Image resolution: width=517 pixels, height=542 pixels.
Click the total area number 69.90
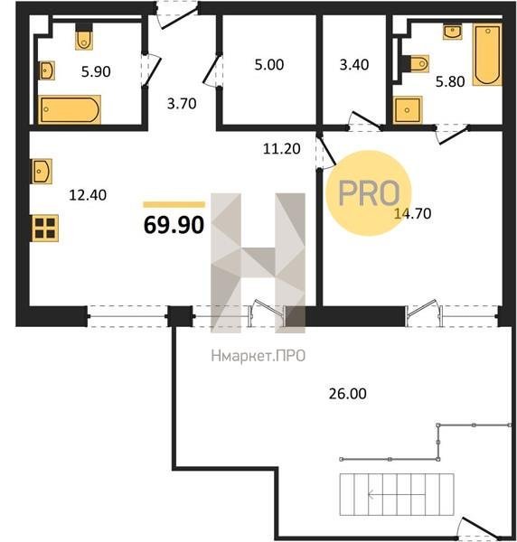pos(174,225)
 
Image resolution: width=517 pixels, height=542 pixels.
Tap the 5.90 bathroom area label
pos(96,71)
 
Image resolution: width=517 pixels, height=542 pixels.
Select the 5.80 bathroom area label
pos(450,82)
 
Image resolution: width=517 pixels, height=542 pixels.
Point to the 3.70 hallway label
pos(182,103)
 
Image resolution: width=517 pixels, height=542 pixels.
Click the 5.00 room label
pos(269,65)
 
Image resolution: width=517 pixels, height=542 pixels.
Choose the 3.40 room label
pos(354,65)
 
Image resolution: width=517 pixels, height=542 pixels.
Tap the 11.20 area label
pos(281,149)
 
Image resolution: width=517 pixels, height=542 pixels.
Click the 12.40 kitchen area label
pos(88,195)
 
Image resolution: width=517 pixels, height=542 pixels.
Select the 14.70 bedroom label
pos(412,213)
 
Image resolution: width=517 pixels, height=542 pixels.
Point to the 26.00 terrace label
pos(348,394)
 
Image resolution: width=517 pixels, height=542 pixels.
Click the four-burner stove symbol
pos(45,229)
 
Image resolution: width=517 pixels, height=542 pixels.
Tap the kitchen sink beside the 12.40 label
pos(42,171)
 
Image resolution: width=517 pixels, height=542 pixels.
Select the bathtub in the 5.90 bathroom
pos(70,109)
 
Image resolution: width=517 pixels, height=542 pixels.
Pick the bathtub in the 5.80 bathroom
pos(487,54)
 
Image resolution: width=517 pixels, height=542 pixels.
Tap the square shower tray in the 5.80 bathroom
pos(408,109)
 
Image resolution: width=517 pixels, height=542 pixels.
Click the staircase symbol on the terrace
pos(397,494)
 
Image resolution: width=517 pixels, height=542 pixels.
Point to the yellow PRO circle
pos(369,193)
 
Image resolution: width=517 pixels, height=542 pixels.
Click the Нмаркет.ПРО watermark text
pos(258,356)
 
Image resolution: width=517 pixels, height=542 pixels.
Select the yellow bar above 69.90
pos(174,205)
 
